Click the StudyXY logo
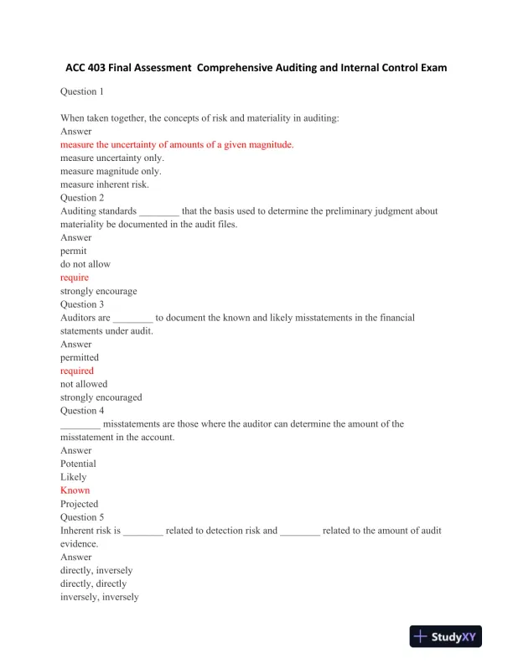point(447,636)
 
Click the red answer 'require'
point(75,278)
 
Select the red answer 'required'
point(77,371)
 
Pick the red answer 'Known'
point(75,490)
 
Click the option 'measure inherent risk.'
point(105,184)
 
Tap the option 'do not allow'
point(85,264)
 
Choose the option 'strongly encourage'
point(99,291)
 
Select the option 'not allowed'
point(84,384)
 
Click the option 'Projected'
point(80,504)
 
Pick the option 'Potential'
point(79,464)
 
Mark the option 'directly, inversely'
point(96,570)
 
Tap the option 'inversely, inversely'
point(100,597)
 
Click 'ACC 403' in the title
point(91,67)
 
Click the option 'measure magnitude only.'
point(111,171)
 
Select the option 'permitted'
point(80,357)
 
